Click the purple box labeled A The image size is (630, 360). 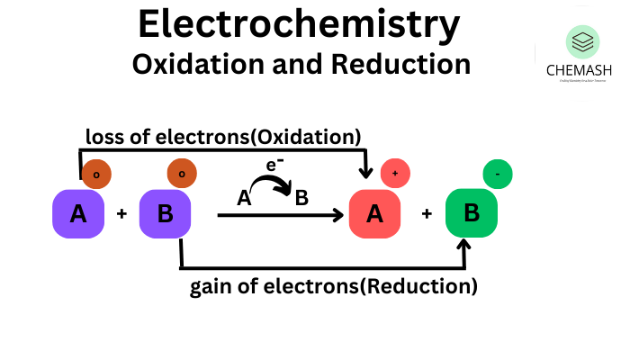pyautogui.click(x=79, y=214)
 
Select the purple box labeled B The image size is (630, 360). pyautogui.click(x=166, y=214)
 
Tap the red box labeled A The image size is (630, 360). pyautogui.click(x=374, y=214)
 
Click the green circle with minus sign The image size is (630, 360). pyautogui.click(x=498, y=174)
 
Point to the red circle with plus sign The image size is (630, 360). pyautogui.click(x=395, y=174)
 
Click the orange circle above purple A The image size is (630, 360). pyautogui.click(x=96, y=174)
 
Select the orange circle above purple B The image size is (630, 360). pyautogui.click(x=182, y=174)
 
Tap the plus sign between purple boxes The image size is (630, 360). pyautogui.click(x=122, y=214)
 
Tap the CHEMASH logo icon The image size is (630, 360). pyautogui.click(x=582, y=41)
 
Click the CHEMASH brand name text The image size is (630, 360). pyautogui.click(x=582, y=70)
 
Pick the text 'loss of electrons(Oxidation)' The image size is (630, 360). pyautogui.click(x=223, y=137)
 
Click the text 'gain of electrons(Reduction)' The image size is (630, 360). pyautogui.click(x=333, y=288)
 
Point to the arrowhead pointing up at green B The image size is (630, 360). pyautogui.click(x=465, y=245)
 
